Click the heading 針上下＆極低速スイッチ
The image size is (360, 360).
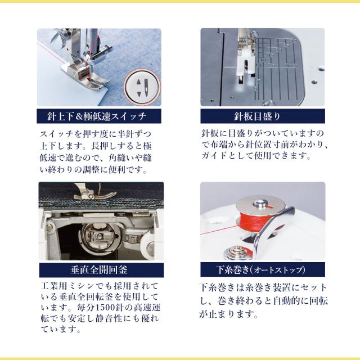pos(97,116)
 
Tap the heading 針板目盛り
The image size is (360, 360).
pos(258,116)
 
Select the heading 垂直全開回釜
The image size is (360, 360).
pos(99,270)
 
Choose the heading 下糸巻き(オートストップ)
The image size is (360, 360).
pos(261,270)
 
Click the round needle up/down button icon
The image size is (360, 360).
pos(142,87)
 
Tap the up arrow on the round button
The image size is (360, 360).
pos(138,82)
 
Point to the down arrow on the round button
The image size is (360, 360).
pos(139,94)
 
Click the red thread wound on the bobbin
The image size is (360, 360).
pos(250,220)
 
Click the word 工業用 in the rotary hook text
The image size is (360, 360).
pos(54,286)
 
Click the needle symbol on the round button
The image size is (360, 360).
pos(146,87)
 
